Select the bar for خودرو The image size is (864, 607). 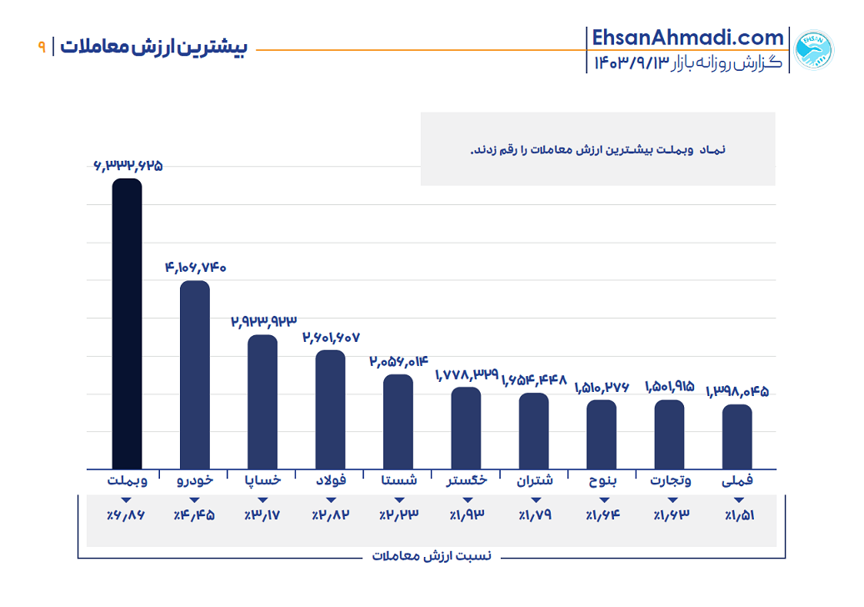point(195,374)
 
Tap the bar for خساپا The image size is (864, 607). point(262,401)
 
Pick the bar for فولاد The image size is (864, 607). point(330,409)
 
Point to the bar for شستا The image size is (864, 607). point(398,421)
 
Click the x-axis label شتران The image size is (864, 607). point(534,480)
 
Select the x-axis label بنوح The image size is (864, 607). point(602,480)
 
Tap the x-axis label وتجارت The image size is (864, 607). point(668,480)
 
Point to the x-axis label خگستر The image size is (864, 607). point(467,480)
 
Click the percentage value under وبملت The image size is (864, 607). point(126,515)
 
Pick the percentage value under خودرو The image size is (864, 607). point(194,515)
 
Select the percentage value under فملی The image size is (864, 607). point(737,515)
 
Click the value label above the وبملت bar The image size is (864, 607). point(127,166)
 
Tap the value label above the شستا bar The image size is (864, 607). point(398,361)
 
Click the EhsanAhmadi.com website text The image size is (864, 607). point(687,38)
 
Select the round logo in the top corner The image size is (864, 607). point(813,50)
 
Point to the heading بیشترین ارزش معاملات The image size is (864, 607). point(154,47)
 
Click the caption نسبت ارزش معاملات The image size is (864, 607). point(432,555)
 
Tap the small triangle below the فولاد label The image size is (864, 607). point(331,499)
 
